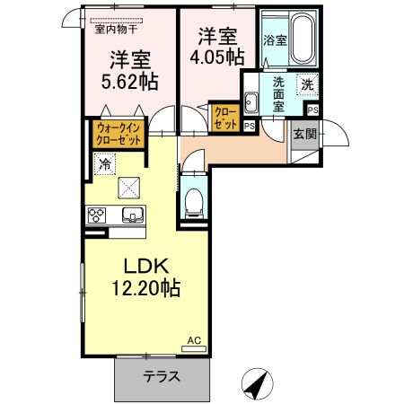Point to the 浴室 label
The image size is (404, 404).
[274, 40]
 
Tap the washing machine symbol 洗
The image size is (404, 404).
[307, 85]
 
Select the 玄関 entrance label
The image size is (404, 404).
[303, 134]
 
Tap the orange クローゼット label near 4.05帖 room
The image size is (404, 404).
[224, 118]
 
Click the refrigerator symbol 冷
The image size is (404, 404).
[105, 164]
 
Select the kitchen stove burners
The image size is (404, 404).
[97, 215]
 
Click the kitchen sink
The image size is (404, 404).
[132, 215]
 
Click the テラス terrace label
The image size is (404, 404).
[162, 377]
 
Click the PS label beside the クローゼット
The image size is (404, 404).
[249, 127]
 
